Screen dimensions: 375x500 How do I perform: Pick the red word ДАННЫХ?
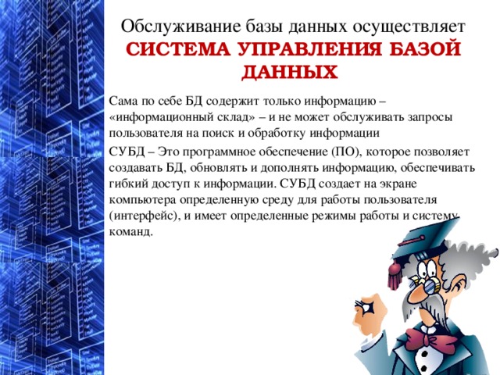click(290, 73)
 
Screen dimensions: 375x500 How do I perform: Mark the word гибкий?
click(127, 184)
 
